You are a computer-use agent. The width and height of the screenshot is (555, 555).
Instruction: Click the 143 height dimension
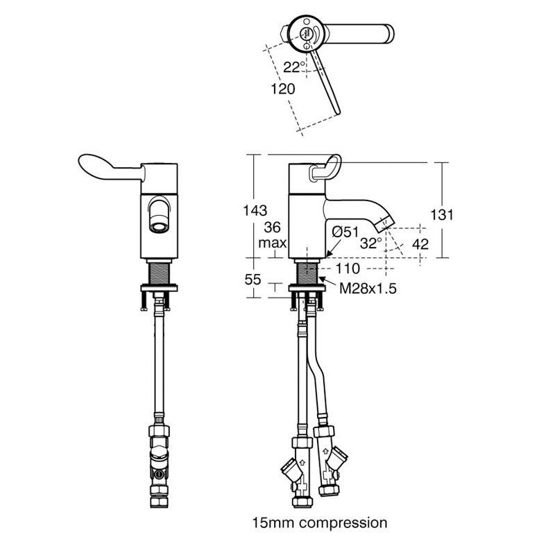point(255,211)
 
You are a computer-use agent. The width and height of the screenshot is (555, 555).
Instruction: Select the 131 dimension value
point(442,214)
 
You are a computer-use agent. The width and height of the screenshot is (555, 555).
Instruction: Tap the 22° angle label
point(294,67)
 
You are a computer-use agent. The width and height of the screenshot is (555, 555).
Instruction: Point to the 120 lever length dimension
point(283,89)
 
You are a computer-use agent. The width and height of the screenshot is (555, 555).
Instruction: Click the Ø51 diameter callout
point(345,232)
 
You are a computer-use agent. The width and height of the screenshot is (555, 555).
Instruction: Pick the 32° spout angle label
point(371,244)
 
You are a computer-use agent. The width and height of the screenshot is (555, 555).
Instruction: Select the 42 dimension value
point(420,244)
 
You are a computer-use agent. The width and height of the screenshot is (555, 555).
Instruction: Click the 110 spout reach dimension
point(348,268)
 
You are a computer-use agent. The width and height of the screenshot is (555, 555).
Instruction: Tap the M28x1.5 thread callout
point(368,289)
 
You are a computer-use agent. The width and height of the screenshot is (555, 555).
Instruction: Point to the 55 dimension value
point(253,280)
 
